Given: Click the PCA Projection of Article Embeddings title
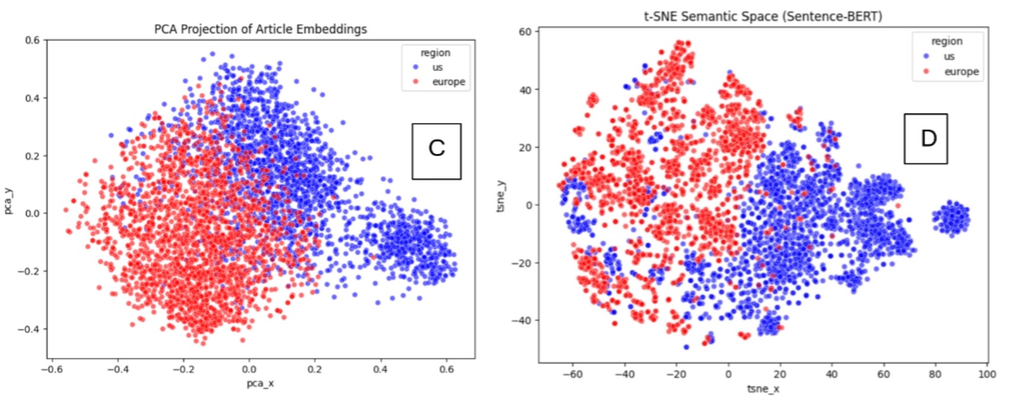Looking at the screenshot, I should (x=260, y=28).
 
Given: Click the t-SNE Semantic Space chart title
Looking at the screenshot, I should (x=763, y=16).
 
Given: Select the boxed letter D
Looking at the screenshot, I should (x=925, y=138).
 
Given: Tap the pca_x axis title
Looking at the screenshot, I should (x=260, y=383).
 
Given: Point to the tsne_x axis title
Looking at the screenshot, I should (x=763, y=389).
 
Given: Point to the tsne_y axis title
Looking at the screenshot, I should (x=502, y=196).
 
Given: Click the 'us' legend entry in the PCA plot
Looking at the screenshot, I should (x=437, y=67).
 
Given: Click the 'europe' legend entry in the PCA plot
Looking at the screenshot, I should (x=448, y=82).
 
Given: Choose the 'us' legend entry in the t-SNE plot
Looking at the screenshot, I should (x=949, y=56).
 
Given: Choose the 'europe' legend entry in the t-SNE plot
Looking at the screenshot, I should (x=961, y=71).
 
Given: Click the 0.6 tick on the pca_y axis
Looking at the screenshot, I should (x=32, y=40).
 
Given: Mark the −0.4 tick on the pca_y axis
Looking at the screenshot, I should (x=30, y=329).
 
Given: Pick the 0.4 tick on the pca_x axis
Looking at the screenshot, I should (x=380, y=369).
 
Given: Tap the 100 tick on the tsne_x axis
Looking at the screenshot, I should (x=987, y=374).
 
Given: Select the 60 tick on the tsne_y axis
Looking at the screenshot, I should (x=526, y=31).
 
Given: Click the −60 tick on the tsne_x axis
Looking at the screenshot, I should (x=572, y=374).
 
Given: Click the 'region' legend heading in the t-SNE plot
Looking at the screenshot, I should (x=947, y=41).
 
